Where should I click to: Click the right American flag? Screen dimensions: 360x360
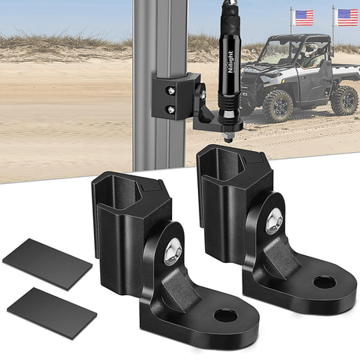(347, 17)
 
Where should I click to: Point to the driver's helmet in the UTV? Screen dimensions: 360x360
(312, 49)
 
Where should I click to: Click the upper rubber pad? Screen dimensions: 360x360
(46, 264)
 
